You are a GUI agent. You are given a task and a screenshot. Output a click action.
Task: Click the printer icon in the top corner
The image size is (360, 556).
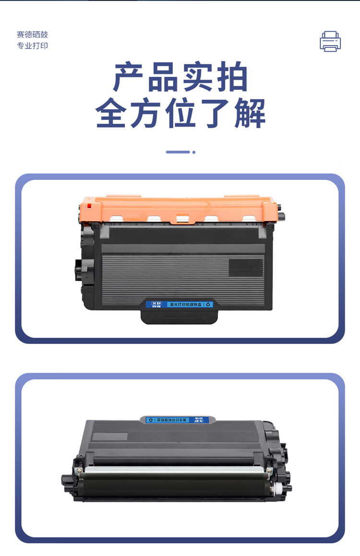(x=330, y=41)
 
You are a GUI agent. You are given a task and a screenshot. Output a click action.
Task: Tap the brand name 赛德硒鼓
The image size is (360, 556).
(x=33, y=35)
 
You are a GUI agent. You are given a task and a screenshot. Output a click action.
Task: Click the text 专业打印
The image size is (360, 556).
(x=33, y=46)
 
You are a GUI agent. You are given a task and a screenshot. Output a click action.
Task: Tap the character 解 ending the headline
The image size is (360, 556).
(x=250, y=113)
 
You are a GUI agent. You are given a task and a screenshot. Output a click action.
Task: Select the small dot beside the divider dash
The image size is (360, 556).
(x=194, y=152)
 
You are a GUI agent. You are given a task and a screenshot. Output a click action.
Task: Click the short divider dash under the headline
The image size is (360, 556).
(x=178, y=152)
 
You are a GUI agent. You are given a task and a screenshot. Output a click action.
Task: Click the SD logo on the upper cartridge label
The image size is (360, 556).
(x=155, y=304)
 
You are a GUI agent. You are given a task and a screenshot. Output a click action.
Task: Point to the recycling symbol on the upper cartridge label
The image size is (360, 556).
(x=208, y=304)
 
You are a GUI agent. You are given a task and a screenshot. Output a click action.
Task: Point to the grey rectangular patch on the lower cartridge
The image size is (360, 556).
(x=110, y=437)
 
